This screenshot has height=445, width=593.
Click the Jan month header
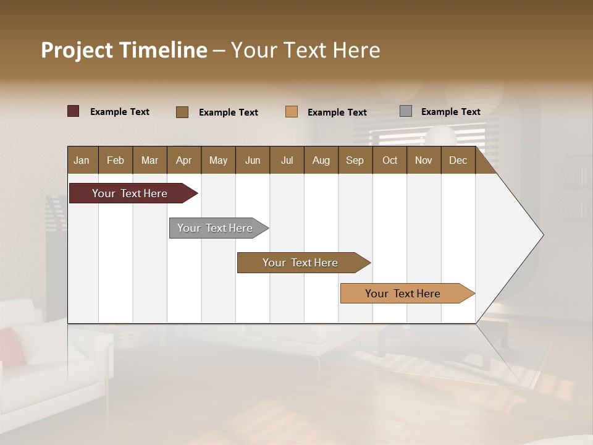[82, 160]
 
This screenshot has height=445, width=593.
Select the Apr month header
[184, 160]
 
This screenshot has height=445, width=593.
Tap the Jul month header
[287, 160]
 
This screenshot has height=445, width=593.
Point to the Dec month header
[458, 160]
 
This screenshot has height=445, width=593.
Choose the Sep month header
[355, 160]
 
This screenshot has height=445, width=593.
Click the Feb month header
[116, 160]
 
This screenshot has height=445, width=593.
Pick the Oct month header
[390, 160]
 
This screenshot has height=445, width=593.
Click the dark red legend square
[74, 111]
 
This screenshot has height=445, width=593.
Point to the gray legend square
[406, 111]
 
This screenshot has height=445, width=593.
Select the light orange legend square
[292, 112]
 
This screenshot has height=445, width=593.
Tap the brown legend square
[182, 112]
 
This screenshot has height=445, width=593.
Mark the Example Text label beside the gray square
[450, 112]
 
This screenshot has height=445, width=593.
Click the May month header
[218, 160]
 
